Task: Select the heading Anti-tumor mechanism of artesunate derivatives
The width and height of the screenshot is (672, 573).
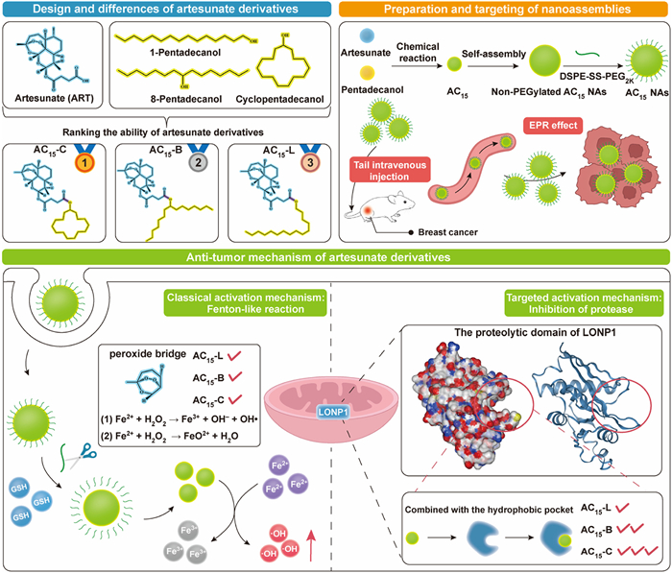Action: [x=336, y=256]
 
